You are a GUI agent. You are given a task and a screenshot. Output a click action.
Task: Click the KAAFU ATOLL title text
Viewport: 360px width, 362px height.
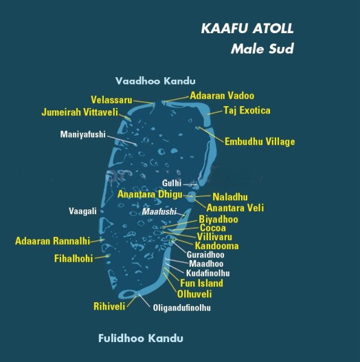coord(248,29)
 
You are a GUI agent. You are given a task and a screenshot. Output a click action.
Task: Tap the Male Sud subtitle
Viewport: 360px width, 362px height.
coord(262,49)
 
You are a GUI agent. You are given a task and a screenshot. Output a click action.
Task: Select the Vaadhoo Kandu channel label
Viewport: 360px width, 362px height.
coord(156,81)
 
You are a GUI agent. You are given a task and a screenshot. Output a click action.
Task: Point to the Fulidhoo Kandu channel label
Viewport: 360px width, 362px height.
coord(140,338)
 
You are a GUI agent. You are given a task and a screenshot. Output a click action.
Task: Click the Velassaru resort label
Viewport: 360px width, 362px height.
coord(111,100)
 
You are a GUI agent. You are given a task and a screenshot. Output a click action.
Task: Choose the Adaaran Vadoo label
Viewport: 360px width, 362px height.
coord(222,96)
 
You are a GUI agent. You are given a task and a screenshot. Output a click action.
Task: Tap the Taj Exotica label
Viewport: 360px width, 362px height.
coord(246,110)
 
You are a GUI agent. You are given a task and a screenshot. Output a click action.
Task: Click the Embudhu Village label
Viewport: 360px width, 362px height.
coord(260,142)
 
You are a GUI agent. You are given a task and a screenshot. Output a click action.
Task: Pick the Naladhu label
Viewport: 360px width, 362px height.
coord(230,197)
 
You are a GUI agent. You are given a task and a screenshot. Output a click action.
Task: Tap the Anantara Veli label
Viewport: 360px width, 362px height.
coord(235,208)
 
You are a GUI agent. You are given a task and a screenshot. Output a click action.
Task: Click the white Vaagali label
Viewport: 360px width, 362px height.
coord(83,211)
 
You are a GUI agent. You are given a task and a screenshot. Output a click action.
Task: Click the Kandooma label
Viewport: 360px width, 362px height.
coord(216,246)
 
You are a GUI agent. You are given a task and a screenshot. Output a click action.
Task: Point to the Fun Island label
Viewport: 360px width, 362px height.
coord(201,283)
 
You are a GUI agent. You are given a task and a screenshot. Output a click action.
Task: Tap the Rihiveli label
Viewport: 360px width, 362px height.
coord(109,306)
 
